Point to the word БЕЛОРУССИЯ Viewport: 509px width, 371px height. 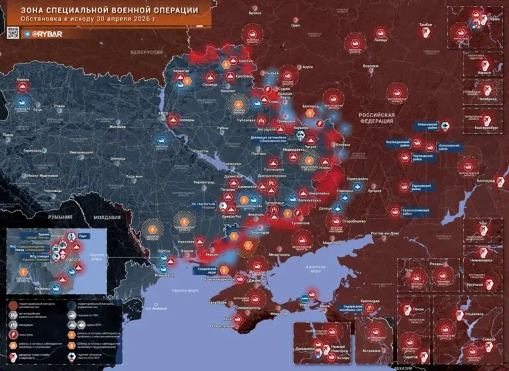coord(146,52)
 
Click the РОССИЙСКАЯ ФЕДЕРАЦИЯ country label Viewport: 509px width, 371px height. coord(376,117)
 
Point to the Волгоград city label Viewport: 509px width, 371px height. coord(486,180)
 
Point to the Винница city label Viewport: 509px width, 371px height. coord(118,159)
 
